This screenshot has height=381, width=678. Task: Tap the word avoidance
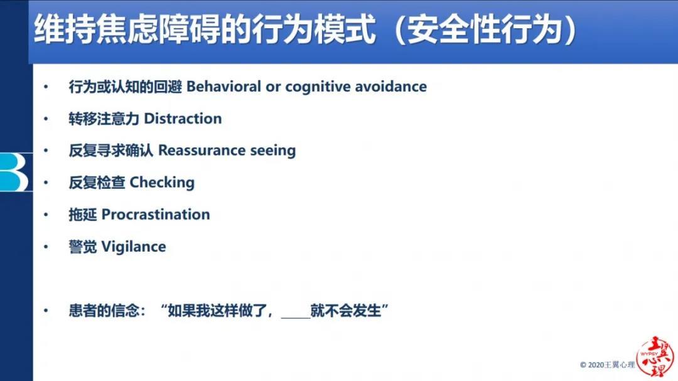[x=391, y=87]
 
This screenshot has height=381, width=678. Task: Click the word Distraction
[x=183, y=119]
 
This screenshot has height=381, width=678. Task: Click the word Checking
[x=162, y=183]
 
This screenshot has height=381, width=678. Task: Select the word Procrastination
[x=156, y=215]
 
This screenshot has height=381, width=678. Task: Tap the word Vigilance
[x=134, y=247]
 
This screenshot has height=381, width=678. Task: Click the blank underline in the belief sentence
[x=296, y=318]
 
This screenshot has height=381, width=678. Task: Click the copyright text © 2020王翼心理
[x=607, y=365]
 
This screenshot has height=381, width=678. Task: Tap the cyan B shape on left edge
[x=14, y=172]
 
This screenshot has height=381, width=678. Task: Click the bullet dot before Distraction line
[x=46, y=119]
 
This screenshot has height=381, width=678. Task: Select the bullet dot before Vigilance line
[x=46, y=247]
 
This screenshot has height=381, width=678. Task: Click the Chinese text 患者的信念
[x=104, y=311]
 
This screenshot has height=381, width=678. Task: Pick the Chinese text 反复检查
[x=97, y=183]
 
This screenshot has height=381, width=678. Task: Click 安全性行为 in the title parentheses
[x=485, y=30]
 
